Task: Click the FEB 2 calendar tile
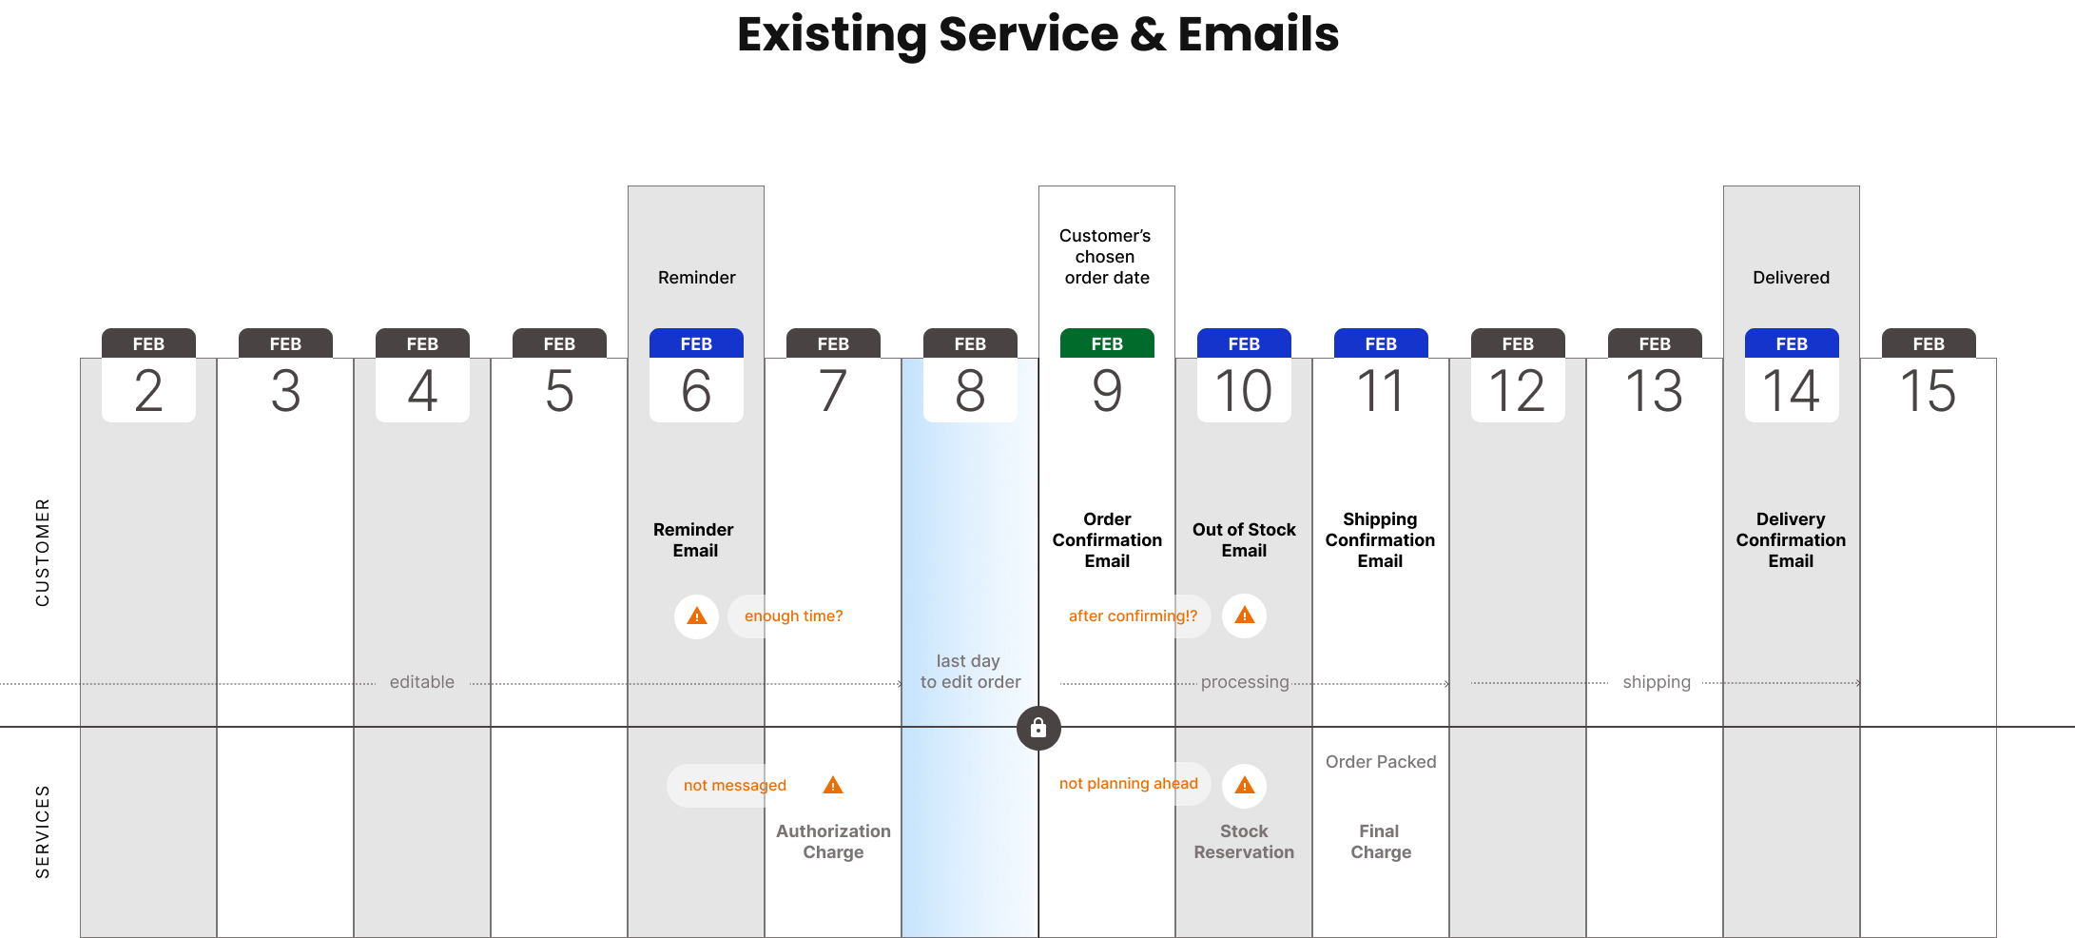(x=148, y=376)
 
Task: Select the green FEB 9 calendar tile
(x=1107, y=376)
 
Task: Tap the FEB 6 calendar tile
(x=696, y=376)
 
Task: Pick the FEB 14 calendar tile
(x=1792, y=376)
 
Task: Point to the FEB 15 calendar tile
(x=1929, y=376)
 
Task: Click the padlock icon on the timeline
(x=1038, y=728)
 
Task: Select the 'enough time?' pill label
(x=795, y=616)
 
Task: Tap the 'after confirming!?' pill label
(x=1132, y=616)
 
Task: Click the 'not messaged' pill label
(x=734, y=786)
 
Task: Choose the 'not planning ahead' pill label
(x=1128, y=784)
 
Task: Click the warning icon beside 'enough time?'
(x=697, y=616)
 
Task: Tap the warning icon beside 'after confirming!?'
(x=1244, y=616)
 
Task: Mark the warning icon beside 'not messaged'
(x=833, y=786)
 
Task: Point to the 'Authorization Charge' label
(x=833, y=842)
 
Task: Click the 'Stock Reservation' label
(x=1244, y=842)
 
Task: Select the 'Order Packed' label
(x=1381, y=762)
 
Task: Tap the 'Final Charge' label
(x=1381, y=842)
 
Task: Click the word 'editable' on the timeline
(x=422, y=682)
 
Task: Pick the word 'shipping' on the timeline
(x=1657, y=682)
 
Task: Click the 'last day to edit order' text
(x=970, y=672)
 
